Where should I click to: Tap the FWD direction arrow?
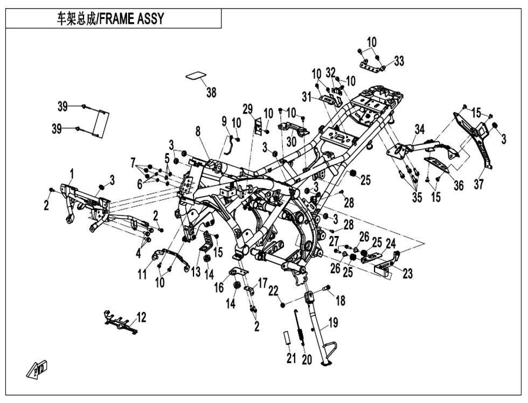[x=37, y=370]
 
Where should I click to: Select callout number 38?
[x=211, y=92]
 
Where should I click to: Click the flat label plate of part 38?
[x=197, y=75]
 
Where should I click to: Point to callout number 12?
[x=142, y=317]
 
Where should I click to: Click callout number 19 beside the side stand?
[x=333, y=323]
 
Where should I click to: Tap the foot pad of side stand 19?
[x=327, y=363]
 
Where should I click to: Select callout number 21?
[x=291, y=359]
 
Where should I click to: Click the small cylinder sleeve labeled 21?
[x=286, y=337]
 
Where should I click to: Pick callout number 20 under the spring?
[x=307, y=359]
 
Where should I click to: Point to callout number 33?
[x=399, y=61]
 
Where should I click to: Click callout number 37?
[x=478, y=184]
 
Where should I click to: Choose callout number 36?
[x=458, y=185]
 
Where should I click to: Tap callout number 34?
[x=420, y=129]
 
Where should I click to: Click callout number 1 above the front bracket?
[x=71, y=174]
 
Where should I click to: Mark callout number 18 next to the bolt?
[x=341, y=301]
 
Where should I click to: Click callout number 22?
[x=274, y=290]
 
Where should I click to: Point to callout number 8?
[x=198, y=131]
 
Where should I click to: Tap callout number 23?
[x=407, y=273]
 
